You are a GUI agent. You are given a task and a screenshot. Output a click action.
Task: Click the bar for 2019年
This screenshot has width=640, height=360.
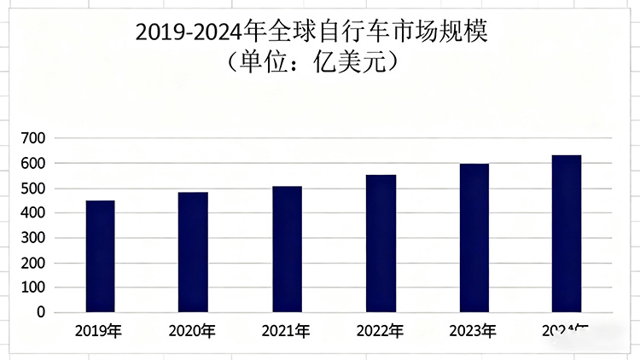[x=100, y=256]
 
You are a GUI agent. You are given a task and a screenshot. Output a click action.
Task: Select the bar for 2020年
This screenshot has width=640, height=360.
[x=193, y=252]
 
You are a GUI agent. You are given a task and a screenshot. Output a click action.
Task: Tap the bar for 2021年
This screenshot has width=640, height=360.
[x=287, y=248]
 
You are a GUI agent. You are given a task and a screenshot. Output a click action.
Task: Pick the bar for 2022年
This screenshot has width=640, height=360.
[x=381, y=243]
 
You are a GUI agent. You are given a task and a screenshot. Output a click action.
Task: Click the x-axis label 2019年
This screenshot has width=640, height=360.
[x=99, y=331]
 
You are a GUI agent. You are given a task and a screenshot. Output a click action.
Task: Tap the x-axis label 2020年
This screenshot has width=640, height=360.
[x=193, y=331]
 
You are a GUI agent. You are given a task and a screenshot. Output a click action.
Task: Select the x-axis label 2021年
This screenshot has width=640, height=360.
[x=287, y=331]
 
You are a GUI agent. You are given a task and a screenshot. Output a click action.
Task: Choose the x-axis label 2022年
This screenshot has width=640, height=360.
[x=381, y=331]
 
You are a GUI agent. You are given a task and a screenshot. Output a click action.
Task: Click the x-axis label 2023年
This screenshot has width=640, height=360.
[x=474, y=331]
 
